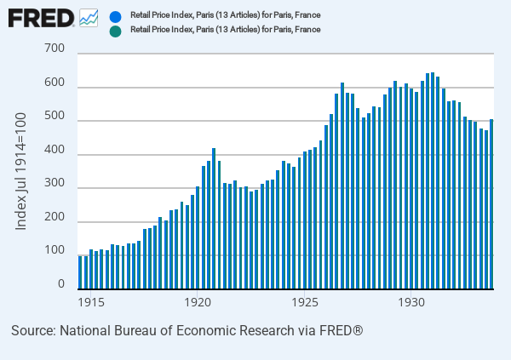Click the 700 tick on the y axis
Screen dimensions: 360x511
click(55, 54)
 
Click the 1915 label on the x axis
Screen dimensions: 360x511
click(90, 302)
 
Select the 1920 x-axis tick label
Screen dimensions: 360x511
click(198, 302)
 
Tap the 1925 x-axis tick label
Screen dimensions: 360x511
click(304, 302)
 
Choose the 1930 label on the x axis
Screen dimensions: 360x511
click(411, 302)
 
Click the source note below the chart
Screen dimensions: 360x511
click(187, 329)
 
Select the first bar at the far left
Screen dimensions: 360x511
click(80, 272)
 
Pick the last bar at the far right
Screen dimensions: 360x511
click(491, 204)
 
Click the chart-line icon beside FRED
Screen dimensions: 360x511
click(89, 17)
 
